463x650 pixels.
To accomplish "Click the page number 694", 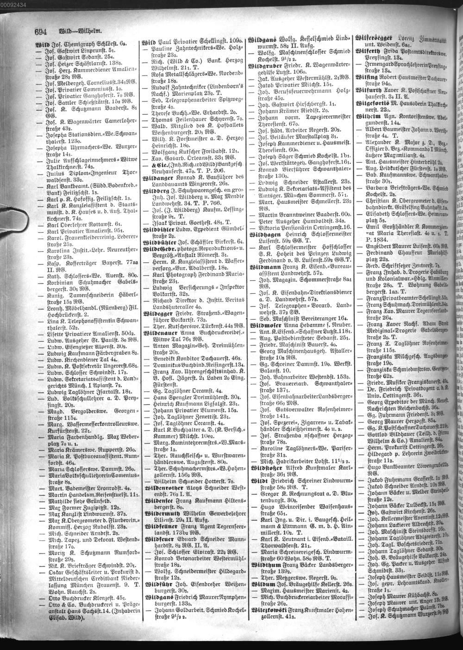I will click(x=41, y=32).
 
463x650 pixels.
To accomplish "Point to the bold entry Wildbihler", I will click(x=159, y=229).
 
